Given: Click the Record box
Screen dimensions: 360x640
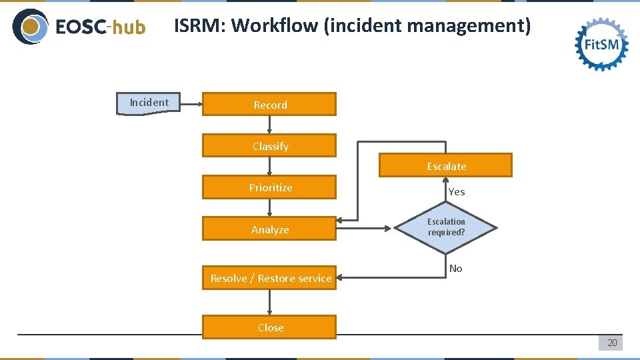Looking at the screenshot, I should tap(269, 105).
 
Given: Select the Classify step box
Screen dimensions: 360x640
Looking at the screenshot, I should tap(269, 146).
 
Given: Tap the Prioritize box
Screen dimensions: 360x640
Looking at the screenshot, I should tap(269, 187).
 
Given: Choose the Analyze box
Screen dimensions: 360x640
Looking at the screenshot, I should tap(269, 229).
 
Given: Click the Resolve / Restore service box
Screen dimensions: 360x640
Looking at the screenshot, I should tap(269, 278).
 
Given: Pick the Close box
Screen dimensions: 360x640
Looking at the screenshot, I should tap(269, 327).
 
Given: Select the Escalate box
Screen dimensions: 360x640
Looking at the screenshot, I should tap(445, 166).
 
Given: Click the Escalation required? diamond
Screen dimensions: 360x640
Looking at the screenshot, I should tap(446, 228).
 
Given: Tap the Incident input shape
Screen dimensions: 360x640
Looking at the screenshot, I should tap(149, 103).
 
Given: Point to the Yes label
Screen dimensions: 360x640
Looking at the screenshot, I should tap(457, 192).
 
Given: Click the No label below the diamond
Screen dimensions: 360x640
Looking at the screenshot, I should tap(456, 269).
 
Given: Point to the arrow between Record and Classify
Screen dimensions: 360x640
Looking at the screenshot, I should tap(269, 125).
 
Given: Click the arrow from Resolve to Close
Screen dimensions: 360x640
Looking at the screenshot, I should tap(269, 303).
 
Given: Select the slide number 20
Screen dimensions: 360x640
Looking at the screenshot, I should tap(611, 343).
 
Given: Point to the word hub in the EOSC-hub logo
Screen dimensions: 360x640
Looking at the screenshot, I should tap(128, 27).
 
